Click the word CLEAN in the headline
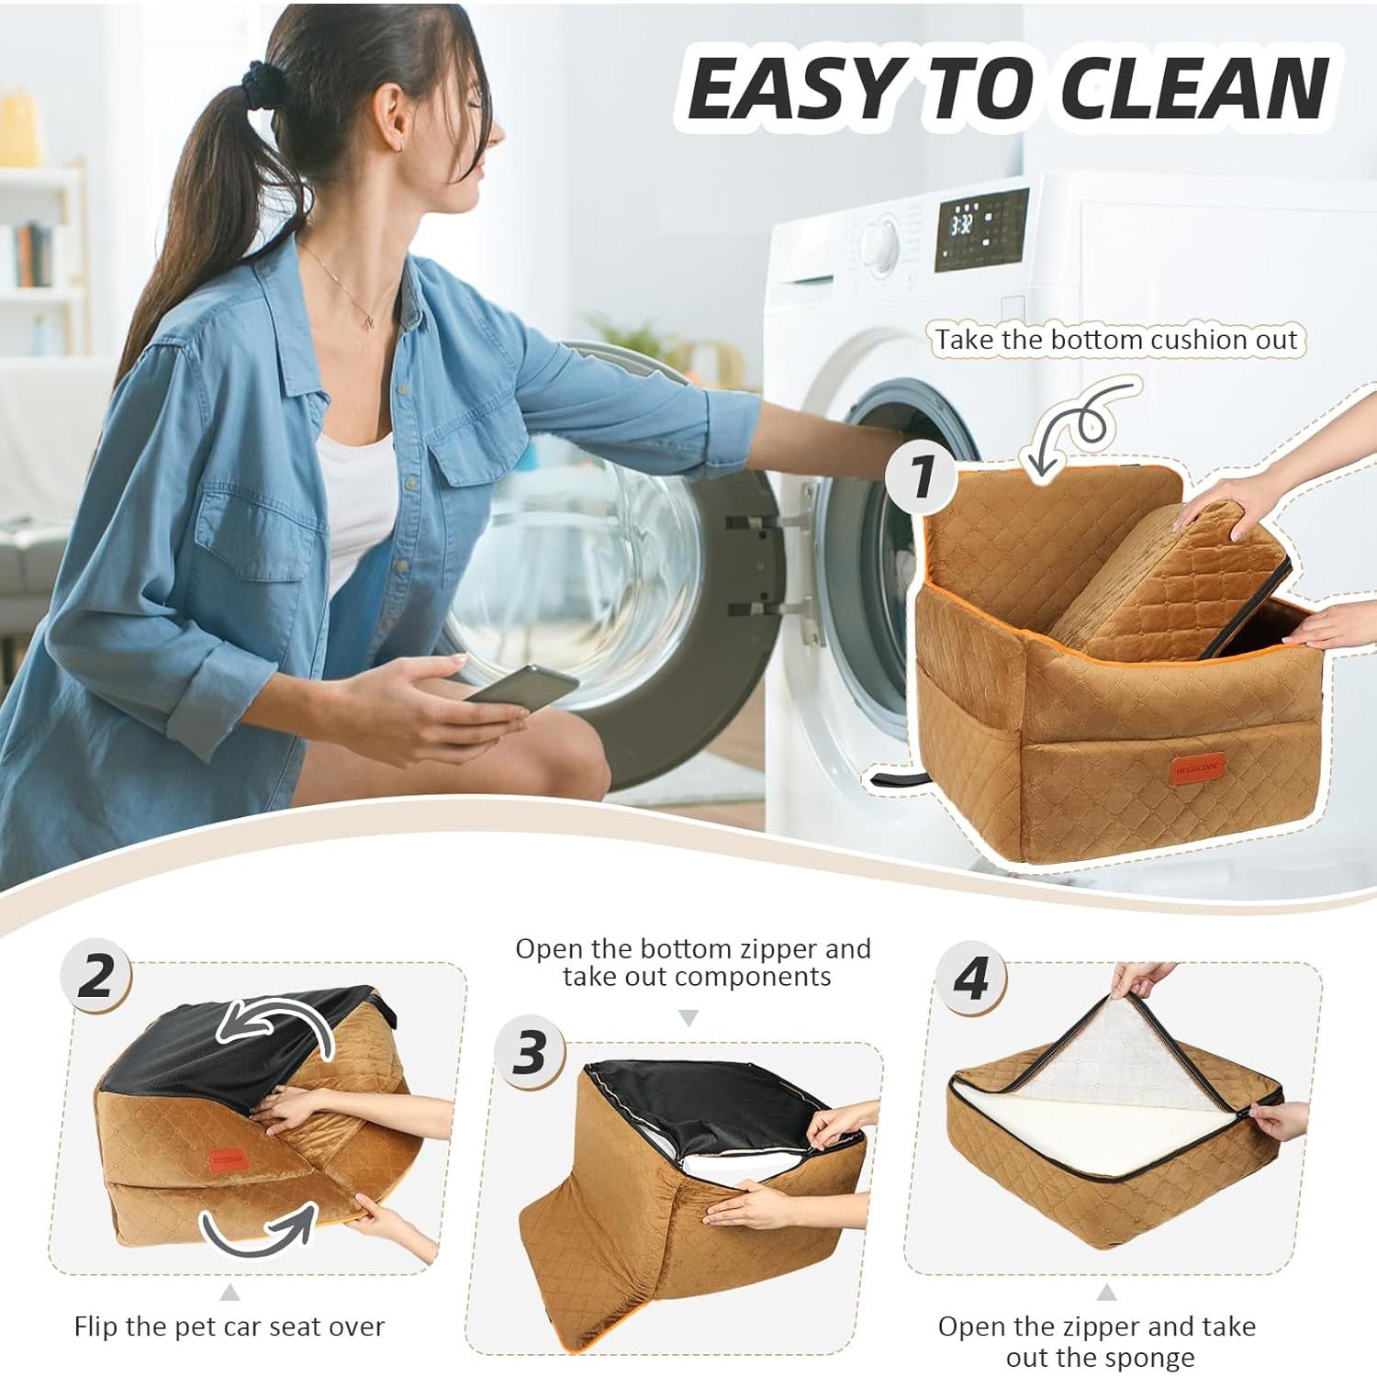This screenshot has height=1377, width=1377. pyautogui.click(x=1193, y=89)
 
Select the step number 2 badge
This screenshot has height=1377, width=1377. pyautogui.click(x=95, y=976)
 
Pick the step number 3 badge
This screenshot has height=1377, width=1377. pyautogui.click(x=530, y=1052)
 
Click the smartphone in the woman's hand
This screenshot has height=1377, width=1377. pyautogui.click(x=521, y=688)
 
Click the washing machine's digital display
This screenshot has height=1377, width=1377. pyautogui.click(x=980, y=229)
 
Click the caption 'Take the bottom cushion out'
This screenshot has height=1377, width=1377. pyautogui.click(x=1116, y=340)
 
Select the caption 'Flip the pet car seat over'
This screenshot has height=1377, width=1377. pyautogui.click(x=229, y=1327)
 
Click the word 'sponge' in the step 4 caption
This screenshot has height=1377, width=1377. pyautogui.click(x=1147, y=1357)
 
